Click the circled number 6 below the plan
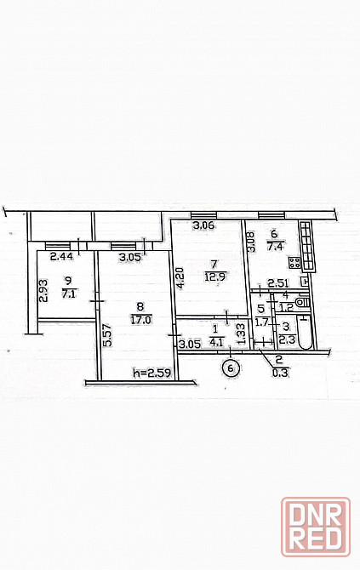coord(231,368)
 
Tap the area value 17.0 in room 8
coord(140,320)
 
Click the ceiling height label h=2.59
coord(152,373)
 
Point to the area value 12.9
coord(215,276)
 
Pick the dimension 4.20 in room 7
coord(180,278)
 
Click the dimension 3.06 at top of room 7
coord(203,225)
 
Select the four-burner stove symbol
coord(294,263)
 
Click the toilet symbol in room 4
coord(302,302)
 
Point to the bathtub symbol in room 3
coord(305,333)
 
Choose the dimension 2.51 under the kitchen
coord(277,282)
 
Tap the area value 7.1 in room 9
coord(68,294)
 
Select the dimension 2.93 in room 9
coord(43,290)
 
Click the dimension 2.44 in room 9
coord(61,257)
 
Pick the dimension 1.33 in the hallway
coord(240,334)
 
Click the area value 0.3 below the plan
coord(279,373)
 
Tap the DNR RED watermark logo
coord(316,527)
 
